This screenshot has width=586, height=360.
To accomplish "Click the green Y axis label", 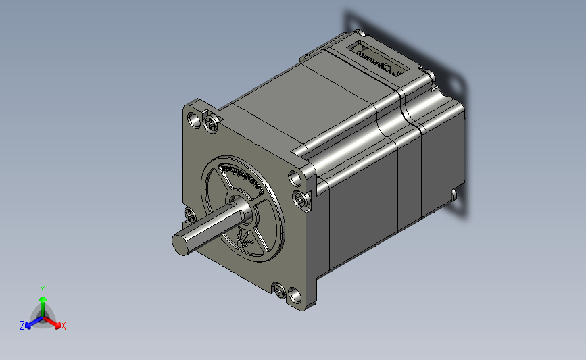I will pyautogui.click(x=42, y=289).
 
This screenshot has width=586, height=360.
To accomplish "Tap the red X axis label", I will pyautogui.click(x=64, y=326).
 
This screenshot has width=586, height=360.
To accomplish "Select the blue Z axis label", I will pyautogui.click(x=22, y=326).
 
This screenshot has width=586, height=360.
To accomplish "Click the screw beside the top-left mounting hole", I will pyautogui.click(x=212, y=124).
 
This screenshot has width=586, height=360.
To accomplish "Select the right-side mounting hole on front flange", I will pyautogui.click(x=295, y=179).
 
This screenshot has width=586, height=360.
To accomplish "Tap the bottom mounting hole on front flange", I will pyautogui.click(x=295, y=296).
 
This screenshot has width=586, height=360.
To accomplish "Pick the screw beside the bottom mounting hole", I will pyautogui.click(x=280, y=291).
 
